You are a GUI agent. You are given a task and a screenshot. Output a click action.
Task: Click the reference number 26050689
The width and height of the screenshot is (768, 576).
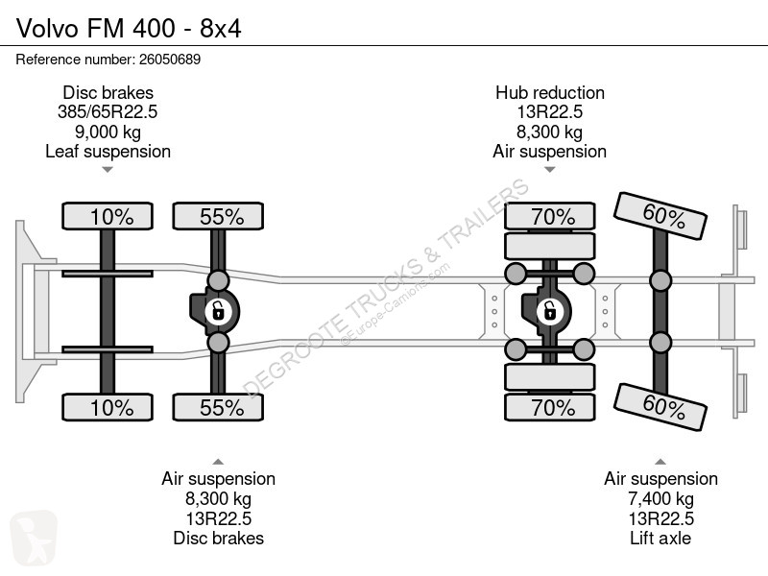(x=170, y=60)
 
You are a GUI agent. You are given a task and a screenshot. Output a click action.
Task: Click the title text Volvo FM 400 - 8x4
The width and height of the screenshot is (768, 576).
(x=129, y=29)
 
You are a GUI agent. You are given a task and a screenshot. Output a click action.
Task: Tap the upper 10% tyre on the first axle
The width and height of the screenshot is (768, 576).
(x=108, y=216)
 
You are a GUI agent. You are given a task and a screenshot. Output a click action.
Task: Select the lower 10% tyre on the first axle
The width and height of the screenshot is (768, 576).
(x=108, y=407)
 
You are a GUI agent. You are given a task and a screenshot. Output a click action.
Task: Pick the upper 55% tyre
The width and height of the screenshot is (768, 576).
(x=218, y=216)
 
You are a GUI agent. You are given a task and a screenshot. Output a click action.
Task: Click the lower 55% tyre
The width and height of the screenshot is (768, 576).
(x=218, y=407)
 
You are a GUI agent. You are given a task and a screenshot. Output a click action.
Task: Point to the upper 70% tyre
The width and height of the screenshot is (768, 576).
(x=550, y=216)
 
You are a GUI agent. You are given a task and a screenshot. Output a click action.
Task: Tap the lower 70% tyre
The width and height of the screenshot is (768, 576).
(x=550, y=407)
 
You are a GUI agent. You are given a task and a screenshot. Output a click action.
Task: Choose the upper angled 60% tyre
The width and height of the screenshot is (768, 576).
(x=660, y=215)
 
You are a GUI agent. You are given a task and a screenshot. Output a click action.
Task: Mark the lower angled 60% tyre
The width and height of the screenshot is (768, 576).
(x=660, y=407)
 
